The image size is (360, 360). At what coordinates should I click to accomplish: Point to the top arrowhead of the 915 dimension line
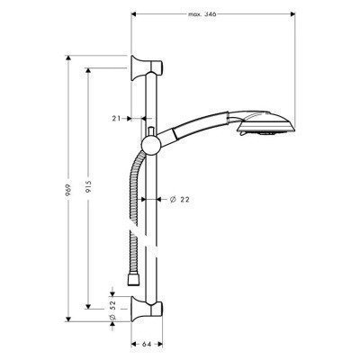pyautogui.click(x=87, y=67)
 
